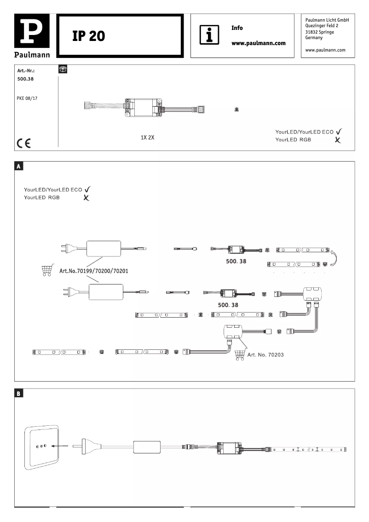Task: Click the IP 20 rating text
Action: tap(89, 36)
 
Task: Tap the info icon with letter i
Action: tap(209, 35)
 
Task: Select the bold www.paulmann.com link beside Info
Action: tap(258, 43)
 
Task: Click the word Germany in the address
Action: tap(314, 38)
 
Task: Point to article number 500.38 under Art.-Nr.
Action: tap(25, 79)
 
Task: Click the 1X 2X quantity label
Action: tap(148, 137)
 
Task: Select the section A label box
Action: tap(19, 166)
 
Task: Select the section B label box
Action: tap(19, 394)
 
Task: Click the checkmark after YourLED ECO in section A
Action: tap(87, 189)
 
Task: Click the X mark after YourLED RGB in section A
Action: tap(86, 198)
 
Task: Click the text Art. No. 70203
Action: tap(266, 355)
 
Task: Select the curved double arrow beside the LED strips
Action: tap(335, 257)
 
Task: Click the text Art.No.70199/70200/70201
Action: tap(94, 271)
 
